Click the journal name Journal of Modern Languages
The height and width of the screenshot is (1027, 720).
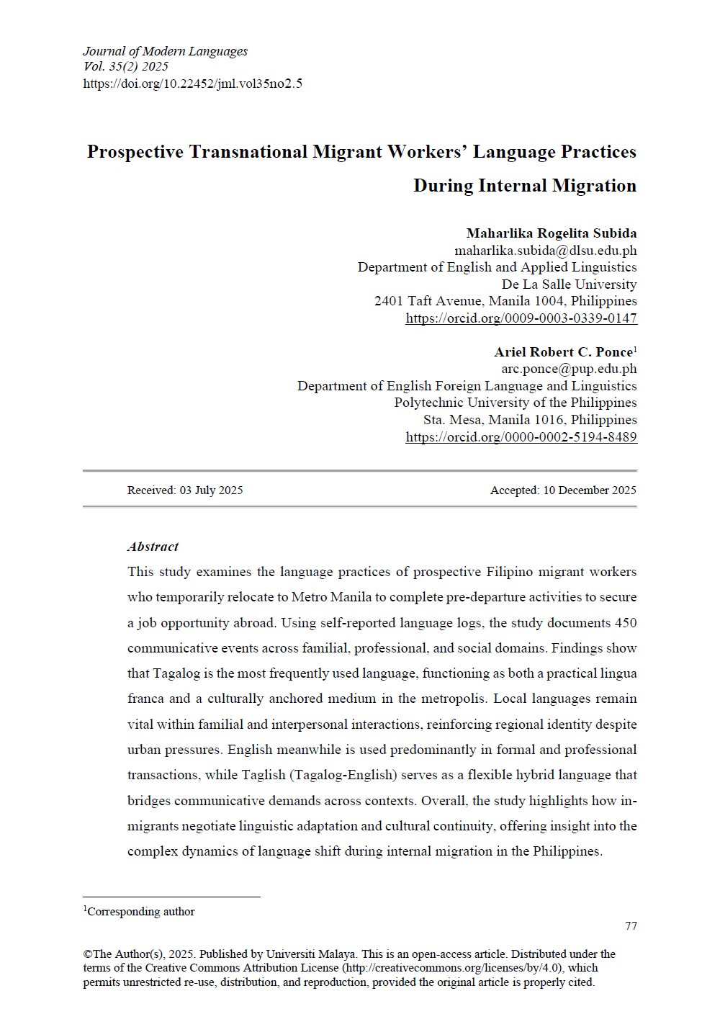tap(165, 51)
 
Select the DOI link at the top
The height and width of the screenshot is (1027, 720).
tap(192, 84)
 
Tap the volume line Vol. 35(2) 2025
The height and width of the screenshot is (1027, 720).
tap(126, 67)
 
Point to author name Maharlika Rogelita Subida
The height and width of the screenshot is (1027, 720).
tap(551, 233)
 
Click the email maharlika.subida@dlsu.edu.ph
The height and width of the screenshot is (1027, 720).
tap(545, 251)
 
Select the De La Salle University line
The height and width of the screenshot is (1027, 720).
tap(569, 284)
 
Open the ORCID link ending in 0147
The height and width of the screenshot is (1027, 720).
tap(521, 318)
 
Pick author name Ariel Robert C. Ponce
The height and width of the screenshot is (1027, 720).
tap(563, 352)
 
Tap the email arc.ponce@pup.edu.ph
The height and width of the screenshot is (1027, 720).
tap(569, 369)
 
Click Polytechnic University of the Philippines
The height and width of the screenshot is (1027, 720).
tap(515, 403)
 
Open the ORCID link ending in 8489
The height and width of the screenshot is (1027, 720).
tap(521, 437)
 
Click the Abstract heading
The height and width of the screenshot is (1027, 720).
tap(153, 547)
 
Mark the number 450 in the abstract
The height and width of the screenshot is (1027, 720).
tap(626, 623)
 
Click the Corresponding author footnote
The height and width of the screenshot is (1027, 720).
tap(141, 912)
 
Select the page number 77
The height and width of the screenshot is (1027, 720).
tap(631, 926)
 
